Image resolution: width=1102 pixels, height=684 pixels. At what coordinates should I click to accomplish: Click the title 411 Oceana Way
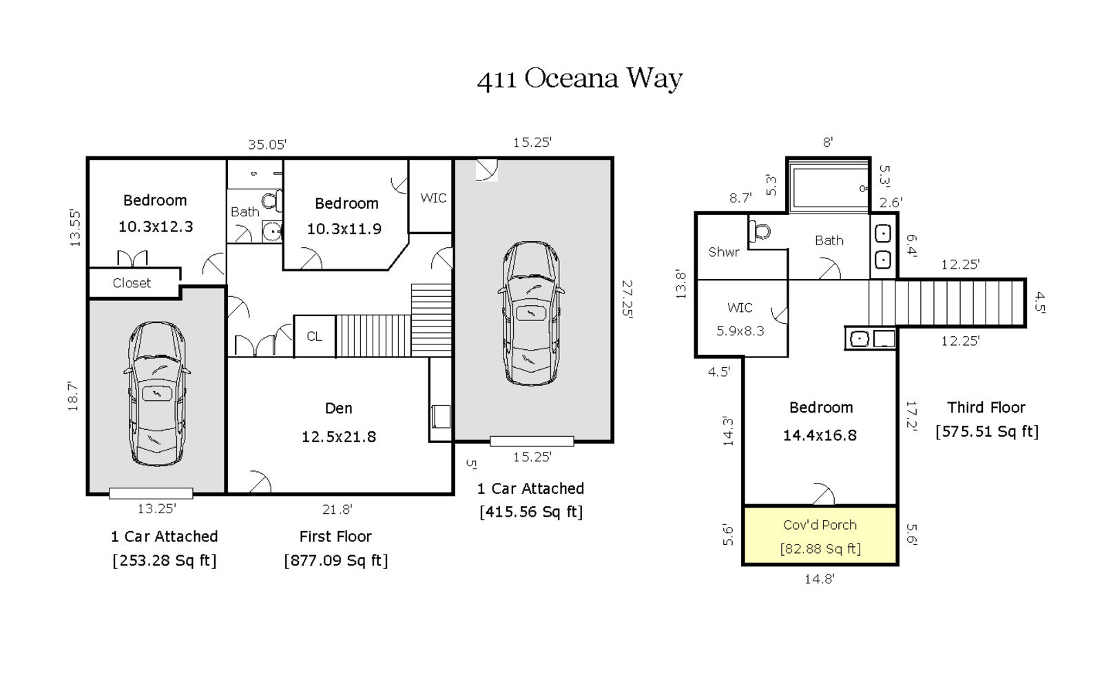(580, 79)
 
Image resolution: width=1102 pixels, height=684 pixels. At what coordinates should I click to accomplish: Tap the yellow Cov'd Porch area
(820, 535)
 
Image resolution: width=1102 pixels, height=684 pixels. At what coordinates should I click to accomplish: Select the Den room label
(338, 408)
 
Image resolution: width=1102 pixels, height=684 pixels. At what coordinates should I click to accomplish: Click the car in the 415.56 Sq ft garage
(531, 313)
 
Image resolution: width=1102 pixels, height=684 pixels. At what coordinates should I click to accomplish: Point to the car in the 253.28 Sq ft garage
(157, 394)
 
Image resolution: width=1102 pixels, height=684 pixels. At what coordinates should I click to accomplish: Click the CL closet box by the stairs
(314, 336)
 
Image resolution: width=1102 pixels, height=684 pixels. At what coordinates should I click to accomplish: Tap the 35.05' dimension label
(267, 145)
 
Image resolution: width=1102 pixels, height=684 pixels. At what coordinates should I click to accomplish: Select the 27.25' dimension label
(627, 299)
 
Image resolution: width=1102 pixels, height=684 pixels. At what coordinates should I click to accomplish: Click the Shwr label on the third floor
(724, 252)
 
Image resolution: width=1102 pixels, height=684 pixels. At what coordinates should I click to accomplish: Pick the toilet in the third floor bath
(760, 231)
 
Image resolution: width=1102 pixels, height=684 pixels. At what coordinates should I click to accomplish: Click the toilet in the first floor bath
(272, 200)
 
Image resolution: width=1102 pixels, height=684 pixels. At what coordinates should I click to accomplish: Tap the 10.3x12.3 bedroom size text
(156, 227)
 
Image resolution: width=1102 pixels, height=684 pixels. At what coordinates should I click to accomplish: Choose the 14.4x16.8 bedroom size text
(820, 435)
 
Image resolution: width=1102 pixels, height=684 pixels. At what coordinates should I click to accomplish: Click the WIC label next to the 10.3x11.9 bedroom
(433, 198)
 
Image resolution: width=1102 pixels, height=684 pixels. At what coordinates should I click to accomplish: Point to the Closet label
(132, 283)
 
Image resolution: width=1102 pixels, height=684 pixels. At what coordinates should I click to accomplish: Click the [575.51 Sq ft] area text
(987, 432)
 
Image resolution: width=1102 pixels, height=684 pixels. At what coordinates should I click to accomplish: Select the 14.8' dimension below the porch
(820, 579)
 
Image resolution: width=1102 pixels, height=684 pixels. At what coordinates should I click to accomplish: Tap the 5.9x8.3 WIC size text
(740, 331)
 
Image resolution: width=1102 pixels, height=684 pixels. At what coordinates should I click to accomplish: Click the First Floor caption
(335, 537)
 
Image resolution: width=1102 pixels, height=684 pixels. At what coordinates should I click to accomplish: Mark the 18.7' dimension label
(73, 396)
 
